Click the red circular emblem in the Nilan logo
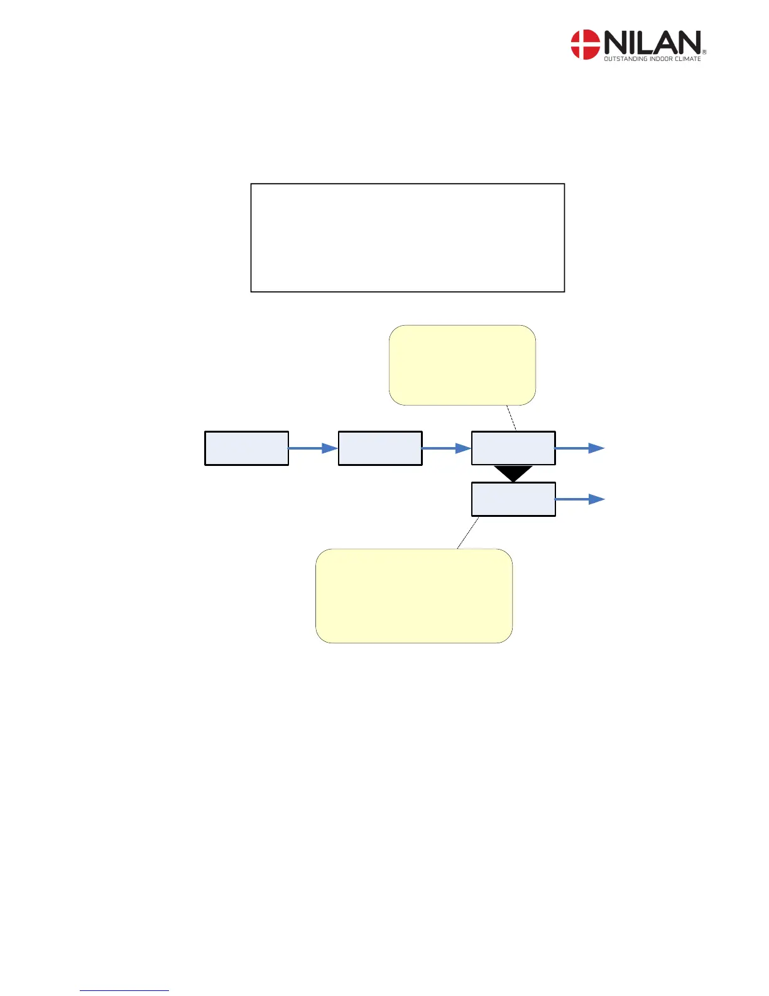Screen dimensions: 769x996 tap(585, 45)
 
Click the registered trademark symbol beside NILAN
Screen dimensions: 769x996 tap(704, 52)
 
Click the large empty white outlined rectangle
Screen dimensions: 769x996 tap(407, 238)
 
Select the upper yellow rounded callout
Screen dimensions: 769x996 tap(462, 365)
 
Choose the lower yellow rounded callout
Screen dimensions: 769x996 tap(413, 595)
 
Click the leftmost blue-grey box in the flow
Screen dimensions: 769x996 tap(246, 448)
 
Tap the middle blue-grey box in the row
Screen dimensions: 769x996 tap(379, 448)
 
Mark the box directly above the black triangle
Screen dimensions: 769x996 tap(513, 448)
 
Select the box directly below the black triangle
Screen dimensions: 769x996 tap(513, 499)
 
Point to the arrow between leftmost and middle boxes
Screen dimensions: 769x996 tap(313, 448)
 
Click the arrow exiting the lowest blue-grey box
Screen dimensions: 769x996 tap(580, 499)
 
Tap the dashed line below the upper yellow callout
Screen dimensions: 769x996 tap(511, 418)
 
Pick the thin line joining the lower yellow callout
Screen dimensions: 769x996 tap(468, 533)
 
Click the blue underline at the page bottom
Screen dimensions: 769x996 tap(124, 990)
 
